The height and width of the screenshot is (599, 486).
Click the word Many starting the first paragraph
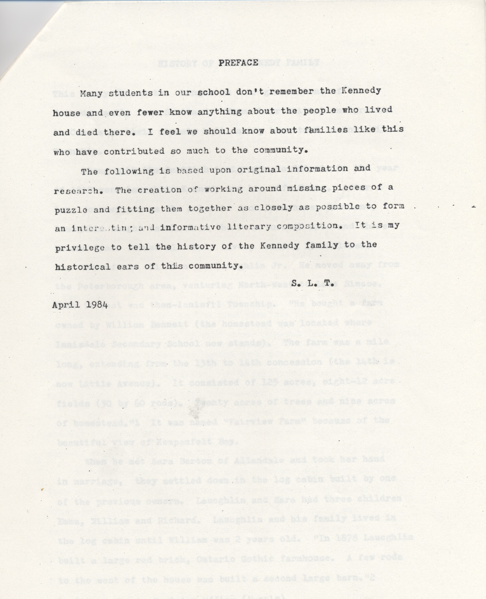[x=92, y=94]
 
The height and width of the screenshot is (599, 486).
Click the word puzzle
[x=72, y=210]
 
